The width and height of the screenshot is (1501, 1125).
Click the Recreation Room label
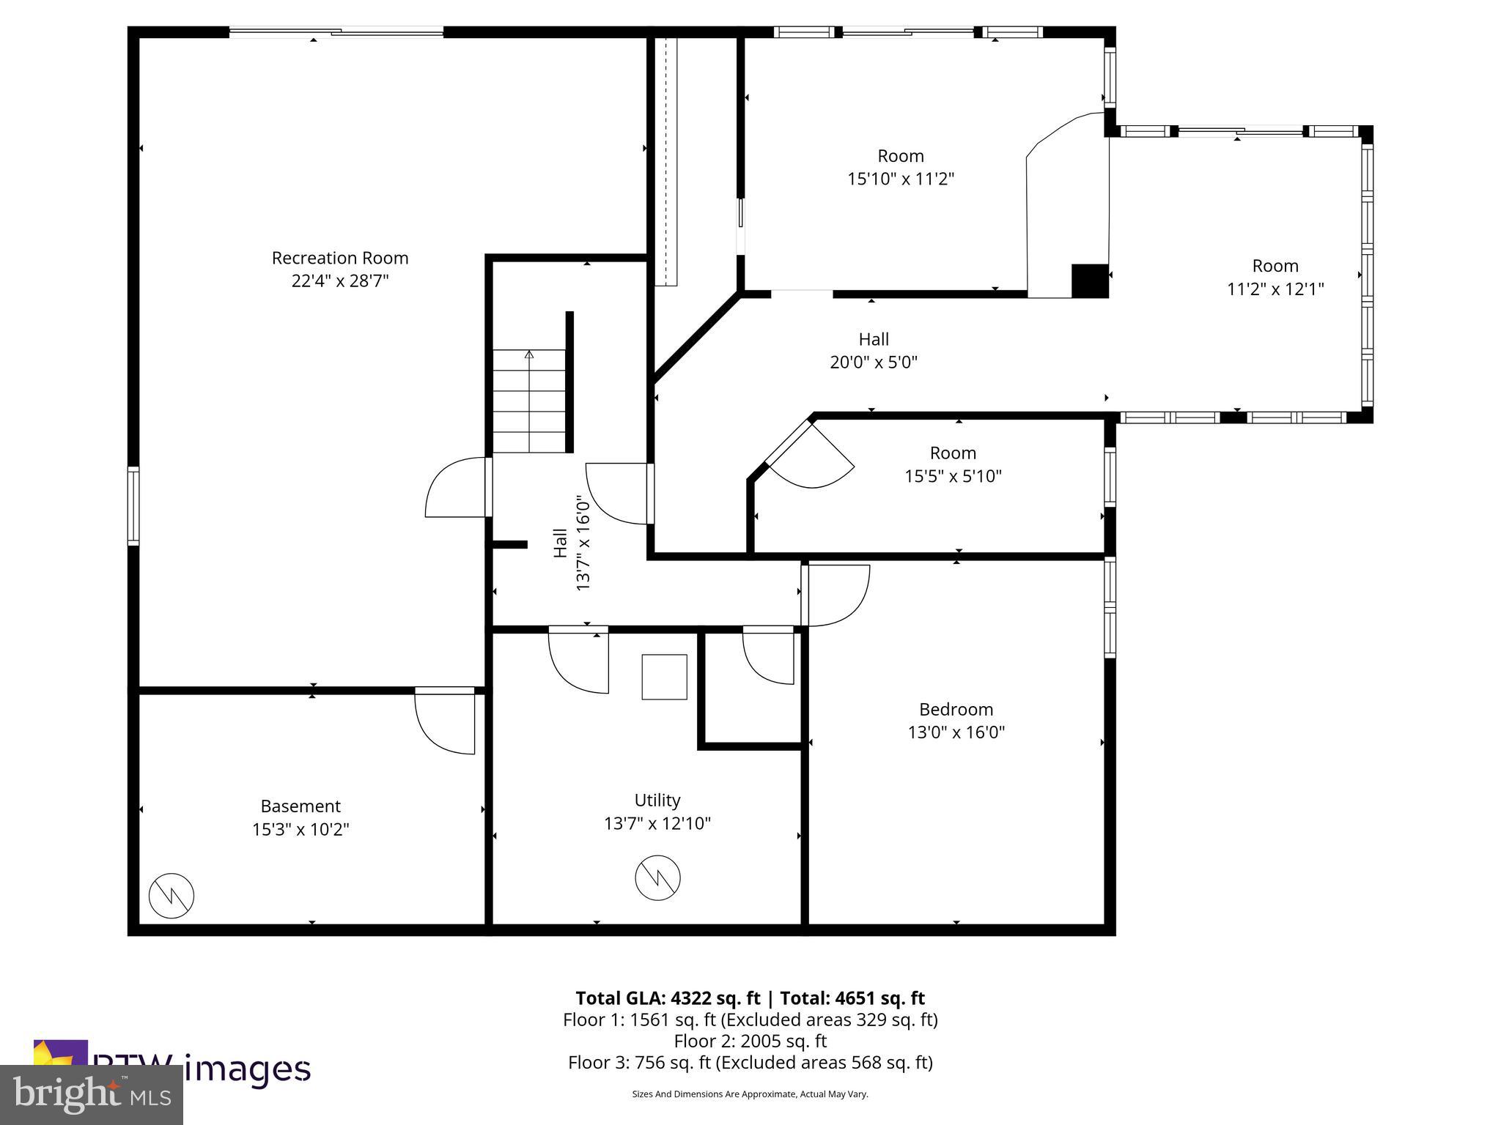pyautogui.click(x=340, y=258)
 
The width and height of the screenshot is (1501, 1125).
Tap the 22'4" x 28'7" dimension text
pyautogui.click(x=340, y=281)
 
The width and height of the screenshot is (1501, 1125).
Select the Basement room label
pyautogui.click(x=300, y=806)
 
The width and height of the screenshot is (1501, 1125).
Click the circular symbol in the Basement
pyautogui.click(x=172, y=895)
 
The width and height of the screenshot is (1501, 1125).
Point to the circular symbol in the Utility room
pyautogui.click(x=657, y=877)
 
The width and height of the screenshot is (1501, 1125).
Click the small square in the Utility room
pyautogui.click(x=664, y=677)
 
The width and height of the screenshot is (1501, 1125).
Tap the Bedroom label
pyautogui.click(x=956, y=709)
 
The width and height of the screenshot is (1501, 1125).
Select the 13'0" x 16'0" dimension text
pyautogui.click(x=956, y=732)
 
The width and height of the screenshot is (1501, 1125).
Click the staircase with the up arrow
pyautogui.click(x=529, y=401)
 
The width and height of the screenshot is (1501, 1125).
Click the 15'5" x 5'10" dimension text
pyautogui.click(x=953, y=476)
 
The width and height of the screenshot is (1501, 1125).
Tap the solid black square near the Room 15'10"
pyautogui.click(x=1089, y=281)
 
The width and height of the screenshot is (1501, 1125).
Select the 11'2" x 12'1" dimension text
pyautogui.click(x=1275, y=289)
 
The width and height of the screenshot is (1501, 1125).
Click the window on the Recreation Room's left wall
pyautogui.click(x=133, y=505)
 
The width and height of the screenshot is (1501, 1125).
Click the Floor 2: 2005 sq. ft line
pyautogui.click(x=750, y=1041)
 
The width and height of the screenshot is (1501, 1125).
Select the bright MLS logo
pyautogui.click(x=92, y=1094)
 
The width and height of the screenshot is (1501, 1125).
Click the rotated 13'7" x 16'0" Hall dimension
pyautogui.click(x=583, y=543)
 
